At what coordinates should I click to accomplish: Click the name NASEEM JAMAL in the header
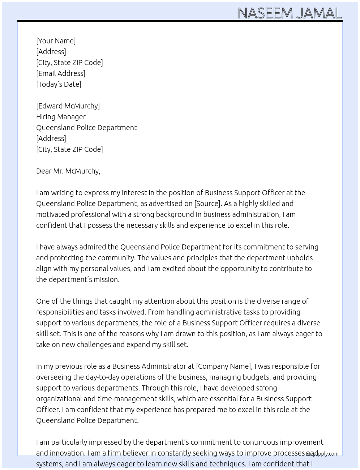[290, 13]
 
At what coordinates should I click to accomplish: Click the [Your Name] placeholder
[56, 41]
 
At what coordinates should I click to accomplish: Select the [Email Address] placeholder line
[61, 73]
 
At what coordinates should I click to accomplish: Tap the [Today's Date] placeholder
[59, 84]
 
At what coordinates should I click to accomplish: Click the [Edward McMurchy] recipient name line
[68, 106]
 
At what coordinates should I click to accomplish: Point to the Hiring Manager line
[61, 117]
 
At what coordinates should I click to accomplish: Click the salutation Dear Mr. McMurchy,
[68, 171]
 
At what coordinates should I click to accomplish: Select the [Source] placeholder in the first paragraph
[207, 204]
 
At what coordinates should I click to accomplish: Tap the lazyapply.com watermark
[322, 454]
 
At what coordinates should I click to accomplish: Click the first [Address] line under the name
[51, 52]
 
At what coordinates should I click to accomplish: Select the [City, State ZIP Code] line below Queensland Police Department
[69, 149]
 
